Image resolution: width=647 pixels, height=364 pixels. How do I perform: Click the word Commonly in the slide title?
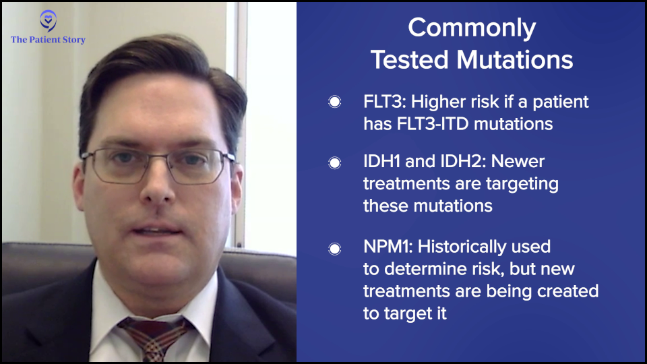[x=472, y=28]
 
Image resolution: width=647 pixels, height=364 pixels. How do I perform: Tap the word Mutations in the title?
[x=514, y=59]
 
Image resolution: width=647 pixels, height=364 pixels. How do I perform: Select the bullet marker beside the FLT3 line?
[x=335, y=102]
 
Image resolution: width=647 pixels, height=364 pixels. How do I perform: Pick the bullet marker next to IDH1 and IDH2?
[x=335, y=162]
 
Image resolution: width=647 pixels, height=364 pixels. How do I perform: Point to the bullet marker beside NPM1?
[x=335, y=249]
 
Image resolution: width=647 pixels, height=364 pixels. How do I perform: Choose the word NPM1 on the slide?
[x=388, y=247]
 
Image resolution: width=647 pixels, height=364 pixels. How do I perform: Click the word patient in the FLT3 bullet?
[x=560, y=102]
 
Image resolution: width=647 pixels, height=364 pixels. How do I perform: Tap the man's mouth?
[x=157, y=231]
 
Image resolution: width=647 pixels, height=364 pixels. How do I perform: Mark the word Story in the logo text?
[x=73, y=40]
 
